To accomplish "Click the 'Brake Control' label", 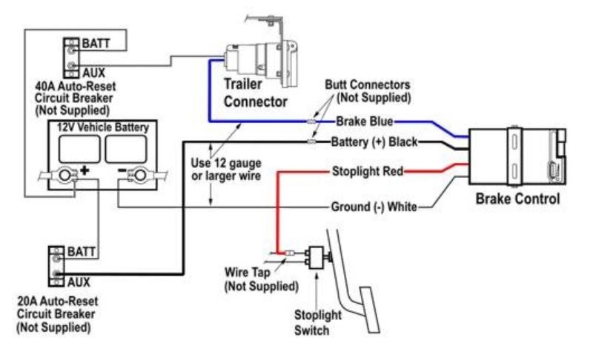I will click(517, 199).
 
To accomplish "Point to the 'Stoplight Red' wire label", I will click(367, 172).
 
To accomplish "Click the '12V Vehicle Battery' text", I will click(103, 127).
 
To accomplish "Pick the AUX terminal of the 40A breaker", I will click(71, 69).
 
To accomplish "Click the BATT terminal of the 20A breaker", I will click(57, 253).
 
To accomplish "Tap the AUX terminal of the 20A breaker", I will click(57, 278).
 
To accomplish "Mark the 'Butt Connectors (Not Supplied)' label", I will click(368, 91).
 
